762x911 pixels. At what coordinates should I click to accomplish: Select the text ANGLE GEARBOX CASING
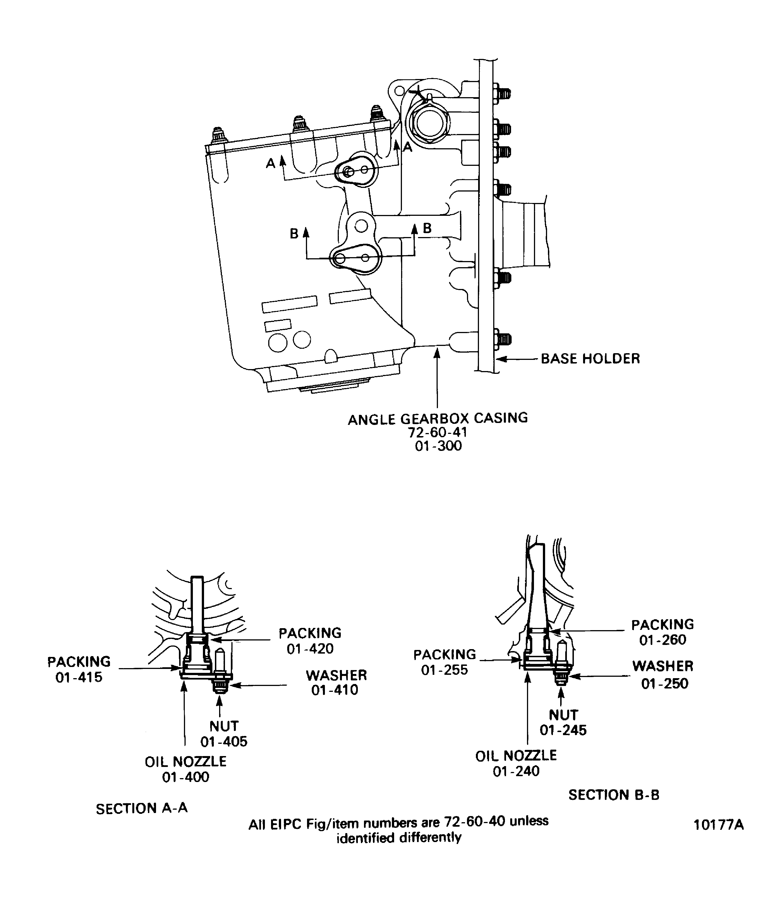[x=438, y=419]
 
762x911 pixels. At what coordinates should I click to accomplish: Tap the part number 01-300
[x=438, y=446]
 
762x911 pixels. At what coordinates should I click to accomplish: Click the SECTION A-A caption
[x=142, y=809]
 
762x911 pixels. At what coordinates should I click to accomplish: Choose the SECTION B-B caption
[x=614, y=795]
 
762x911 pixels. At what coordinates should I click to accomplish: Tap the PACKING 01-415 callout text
[x=79, y=669]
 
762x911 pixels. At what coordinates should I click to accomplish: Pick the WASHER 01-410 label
[x=336, y=682]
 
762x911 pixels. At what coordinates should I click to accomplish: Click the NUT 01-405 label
[x=224, y=733]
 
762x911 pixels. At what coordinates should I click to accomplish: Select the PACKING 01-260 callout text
[x=662, y=632]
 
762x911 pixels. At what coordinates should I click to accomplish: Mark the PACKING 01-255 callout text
[x=445, y=662]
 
